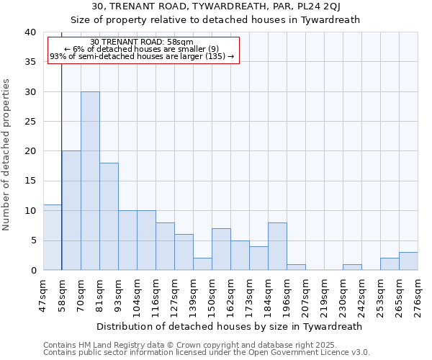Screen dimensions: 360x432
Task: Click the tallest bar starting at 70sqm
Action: [90, 181]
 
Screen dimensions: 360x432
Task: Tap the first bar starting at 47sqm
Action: [53, 237]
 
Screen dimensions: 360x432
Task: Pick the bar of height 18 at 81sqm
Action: [109, 216]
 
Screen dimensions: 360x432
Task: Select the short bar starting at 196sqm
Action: [296, 267]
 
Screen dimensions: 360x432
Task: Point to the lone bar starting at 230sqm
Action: [352, 267]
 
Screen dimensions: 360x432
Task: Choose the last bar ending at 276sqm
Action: [408, 261]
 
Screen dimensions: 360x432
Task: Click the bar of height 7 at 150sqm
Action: [221, 249]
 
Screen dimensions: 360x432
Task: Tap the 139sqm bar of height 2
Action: [202, 264]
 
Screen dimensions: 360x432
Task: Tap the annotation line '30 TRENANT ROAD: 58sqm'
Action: [143, 42]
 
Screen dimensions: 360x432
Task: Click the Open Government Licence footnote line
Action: [207, 353]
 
